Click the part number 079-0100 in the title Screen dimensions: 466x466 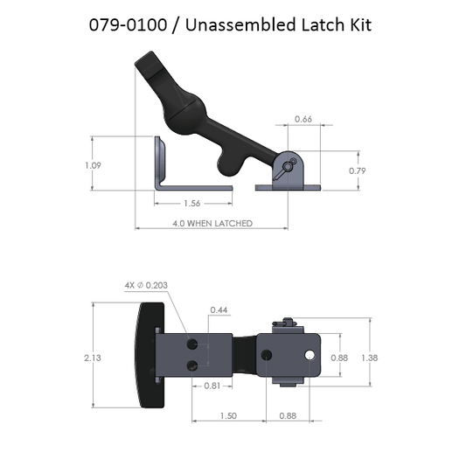(127, 24)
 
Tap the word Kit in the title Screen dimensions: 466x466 (358, 24)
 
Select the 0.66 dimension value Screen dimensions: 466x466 (303, 119)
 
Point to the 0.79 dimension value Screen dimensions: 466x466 (357, 170)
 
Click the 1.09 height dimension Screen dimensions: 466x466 (104, 164)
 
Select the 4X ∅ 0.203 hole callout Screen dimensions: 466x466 (146, 286)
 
